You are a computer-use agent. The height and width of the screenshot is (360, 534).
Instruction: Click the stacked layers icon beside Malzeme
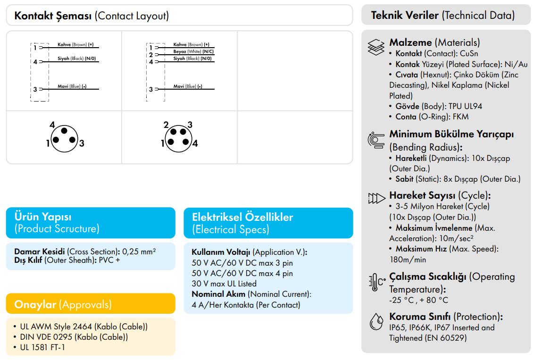coord(376,47)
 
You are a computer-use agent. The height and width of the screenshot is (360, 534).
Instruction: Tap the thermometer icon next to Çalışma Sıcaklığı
coord(376,282)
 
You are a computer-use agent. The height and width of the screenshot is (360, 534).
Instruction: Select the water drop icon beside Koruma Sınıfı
coord(376,321)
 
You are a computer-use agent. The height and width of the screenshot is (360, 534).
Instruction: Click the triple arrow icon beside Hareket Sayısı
coord(376,198)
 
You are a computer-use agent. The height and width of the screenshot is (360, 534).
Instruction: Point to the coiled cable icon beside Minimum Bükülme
coord(376,140)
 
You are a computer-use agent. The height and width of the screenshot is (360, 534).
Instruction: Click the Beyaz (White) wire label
coord(193,51)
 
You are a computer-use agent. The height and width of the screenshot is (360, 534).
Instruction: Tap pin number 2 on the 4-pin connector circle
coord(166,125)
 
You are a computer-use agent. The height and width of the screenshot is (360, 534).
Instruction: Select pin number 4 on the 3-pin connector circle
coord(52,125)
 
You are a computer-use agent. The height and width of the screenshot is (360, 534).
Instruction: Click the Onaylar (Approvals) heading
coord(63,304)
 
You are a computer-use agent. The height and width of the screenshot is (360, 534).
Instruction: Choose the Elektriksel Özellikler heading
coord(242,223)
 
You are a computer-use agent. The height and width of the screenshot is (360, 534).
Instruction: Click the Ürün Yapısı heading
coord(57,222)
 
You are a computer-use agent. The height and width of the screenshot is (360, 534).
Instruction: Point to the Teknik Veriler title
coord(443,15)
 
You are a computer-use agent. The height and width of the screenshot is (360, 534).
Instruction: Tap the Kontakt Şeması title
coord(92,16)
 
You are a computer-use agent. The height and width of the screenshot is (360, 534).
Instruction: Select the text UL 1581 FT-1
coord(42,347)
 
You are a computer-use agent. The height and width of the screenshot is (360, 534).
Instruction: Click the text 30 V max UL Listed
coord(224,284)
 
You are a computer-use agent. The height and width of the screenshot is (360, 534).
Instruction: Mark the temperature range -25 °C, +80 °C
coord(418,300)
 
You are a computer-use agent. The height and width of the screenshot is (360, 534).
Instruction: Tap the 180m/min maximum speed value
coord(408,260)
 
